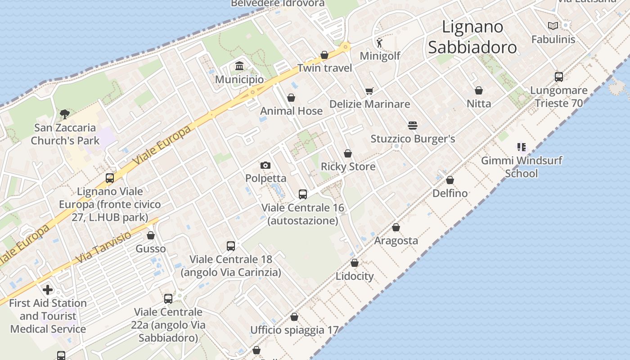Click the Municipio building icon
pyautogui.click(x=239, y=66)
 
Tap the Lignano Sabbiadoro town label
pyautogui.click(x=472, y=37)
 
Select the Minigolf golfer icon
pyautogui.click(x=380, y=43)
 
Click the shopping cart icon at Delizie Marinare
pyautogui.click(x=369, y=91)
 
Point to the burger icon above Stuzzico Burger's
pyautogui.click(x=412, y=126)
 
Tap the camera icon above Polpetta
pyautogui.click(x=265, y=165)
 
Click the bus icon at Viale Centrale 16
pyautogui.click(x=303, y=194)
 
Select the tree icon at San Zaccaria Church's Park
pyautogui.click(x=65, y=114)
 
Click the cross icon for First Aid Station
pyautogui.click(x=48, y=290)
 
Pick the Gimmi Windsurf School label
pyautogui.click(x=522, y=167)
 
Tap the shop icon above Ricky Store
pyautogui.click(x=348, y=153)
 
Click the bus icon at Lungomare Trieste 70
pyautogui.click(x=559, y=77)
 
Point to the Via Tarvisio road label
pyautogui.click(x=103, y=247)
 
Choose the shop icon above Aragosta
pyautogui.click(x=396, y=227)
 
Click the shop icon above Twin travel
pyautogui.click(x=324, y=55)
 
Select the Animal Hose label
pyautogui.click(x=291, y=111)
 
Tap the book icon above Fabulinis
pyautogui.click(x=553, y=26)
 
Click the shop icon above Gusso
pyautogui.click(x=151, y=235)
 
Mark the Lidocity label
pyautogui.click(x=355, y=276)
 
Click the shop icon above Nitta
pyautogui.click(x=479, y=90)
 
